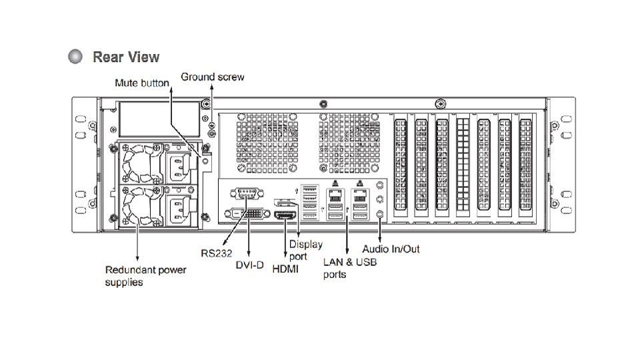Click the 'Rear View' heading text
(x=126, y=57)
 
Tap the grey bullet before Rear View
(x=76, y=57)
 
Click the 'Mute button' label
(x=141, y=83)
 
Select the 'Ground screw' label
(x=212, y=77)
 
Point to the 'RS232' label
(x=216, y=253)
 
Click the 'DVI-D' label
(x=250, y=265)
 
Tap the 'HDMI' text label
(x=286, y=269)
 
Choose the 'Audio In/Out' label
(x=391, y=249)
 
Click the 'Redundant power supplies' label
(x=145, y=276)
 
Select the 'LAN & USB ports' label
(x=349, y=268)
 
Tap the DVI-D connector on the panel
(x=247, y=215)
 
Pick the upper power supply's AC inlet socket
(x=178, y=166)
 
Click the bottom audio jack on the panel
(x=380, y=215)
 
